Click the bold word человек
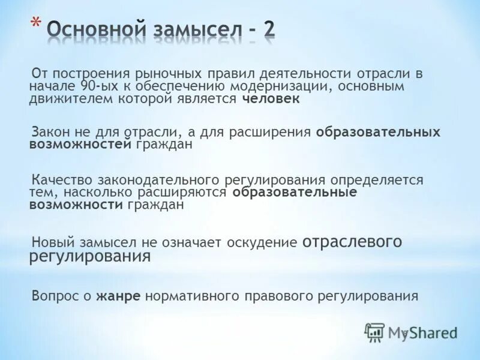[x=271, y=100]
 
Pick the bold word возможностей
[x=80, y=145]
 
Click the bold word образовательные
[x=295, y=192]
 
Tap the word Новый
[x=52, y=242]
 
